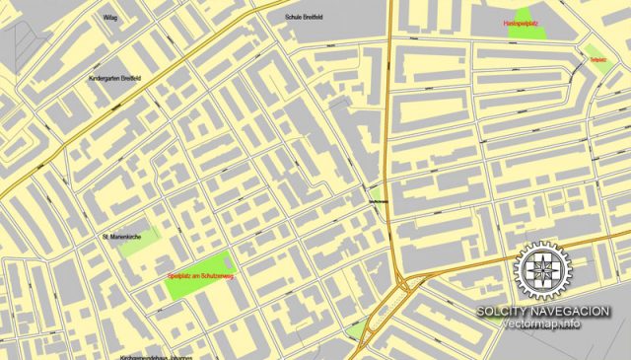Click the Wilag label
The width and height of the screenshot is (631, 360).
tap(109, 18)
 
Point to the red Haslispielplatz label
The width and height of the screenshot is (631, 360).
tap(521, 22)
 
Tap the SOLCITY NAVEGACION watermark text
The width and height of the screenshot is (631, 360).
tap(542, 312)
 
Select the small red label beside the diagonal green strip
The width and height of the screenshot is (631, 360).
tap(597, 60)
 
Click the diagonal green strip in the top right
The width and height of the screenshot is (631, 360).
tap(594, 52)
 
